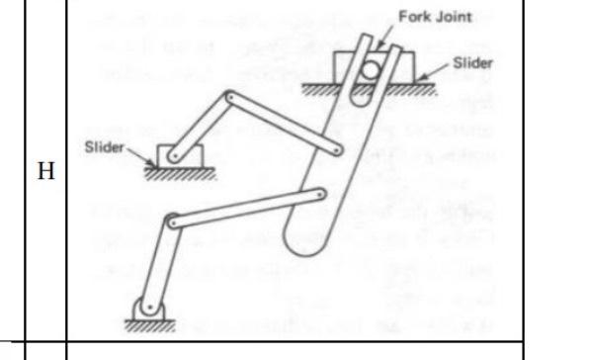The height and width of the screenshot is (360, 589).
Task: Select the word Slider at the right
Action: [472, 60]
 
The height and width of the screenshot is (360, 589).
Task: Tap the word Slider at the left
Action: [104, 145]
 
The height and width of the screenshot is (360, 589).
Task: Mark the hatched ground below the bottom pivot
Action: [144, 322]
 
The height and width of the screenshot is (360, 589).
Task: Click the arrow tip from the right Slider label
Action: [424, 78]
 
